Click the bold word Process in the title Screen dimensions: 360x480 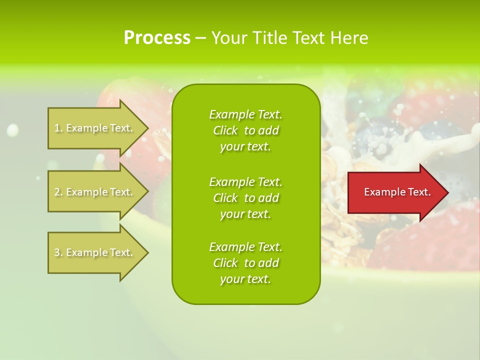coord(157,38)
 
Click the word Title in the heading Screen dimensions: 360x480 coord(269,38)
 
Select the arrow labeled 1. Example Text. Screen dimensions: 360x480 coord(95,128)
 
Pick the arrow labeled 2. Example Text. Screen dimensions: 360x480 coord(95,192)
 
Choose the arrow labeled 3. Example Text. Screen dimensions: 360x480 coord(95,252)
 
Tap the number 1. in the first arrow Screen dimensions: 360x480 coord(58,128)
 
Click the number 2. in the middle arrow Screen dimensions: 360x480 coord(58,192)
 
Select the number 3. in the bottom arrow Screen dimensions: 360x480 coord(58,252)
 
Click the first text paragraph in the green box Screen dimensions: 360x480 coord(245,130)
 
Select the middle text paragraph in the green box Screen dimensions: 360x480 coord(245,197)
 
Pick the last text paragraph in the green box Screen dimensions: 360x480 coord(245,263)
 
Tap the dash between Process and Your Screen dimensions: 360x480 coord(200,38)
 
